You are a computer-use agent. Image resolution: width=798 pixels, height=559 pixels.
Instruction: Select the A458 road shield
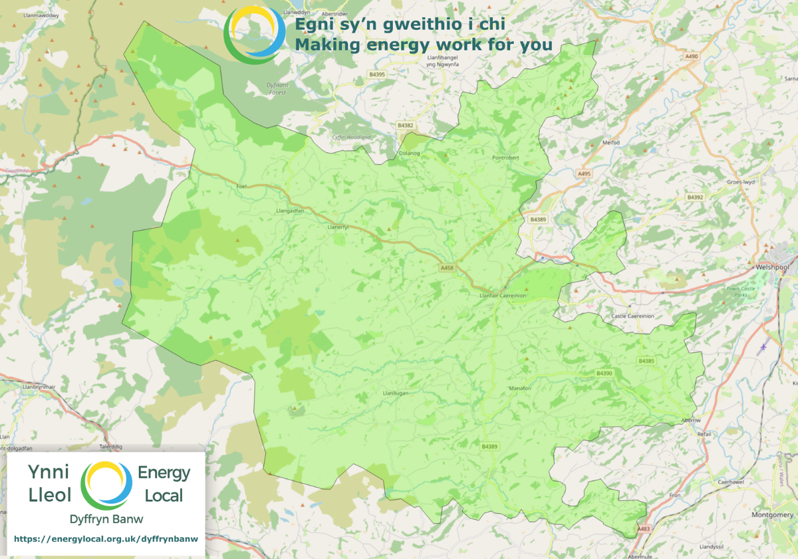coord(447,267)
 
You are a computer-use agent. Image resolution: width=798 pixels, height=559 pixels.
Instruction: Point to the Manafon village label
coord(519,388)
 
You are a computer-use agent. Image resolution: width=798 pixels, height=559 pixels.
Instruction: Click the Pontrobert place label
coord(505,158)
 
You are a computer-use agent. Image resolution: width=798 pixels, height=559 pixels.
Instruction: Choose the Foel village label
coord(241,187)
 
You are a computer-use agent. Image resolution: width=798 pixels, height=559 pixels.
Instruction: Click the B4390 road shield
coord(604,374)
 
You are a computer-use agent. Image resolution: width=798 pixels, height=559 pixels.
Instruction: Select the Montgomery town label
coord(771,515)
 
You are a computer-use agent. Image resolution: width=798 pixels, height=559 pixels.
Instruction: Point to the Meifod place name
coord(610,142)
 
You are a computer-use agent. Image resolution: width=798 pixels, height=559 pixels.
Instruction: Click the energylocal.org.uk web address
coord(106,539)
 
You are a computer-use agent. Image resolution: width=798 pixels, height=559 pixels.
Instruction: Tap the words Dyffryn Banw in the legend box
coord(106,518)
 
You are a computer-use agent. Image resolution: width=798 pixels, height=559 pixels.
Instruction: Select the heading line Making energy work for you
coord(424,45)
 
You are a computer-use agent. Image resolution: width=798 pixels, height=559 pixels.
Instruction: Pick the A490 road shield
coord(692,57)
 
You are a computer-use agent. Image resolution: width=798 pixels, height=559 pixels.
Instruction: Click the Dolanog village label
coord(409,154)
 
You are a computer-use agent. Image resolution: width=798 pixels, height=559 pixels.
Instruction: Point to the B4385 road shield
coord(646,361)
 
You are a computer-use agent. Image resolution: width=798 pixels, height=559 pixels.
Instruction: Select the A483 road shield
coord(642,529)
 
